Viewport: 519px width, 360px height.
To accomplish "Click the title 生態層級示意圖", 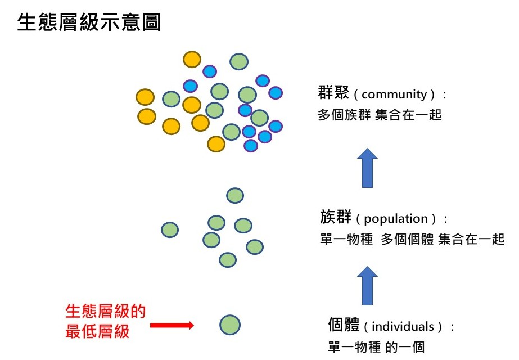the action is pyautogui.click(x=89, y=22).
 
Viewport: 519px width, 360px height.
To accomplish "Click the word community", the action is pyautogui.click(x=394, y=94).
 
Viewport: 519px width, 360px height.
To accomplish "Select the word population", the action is pyautogui.click(x=396, y=219).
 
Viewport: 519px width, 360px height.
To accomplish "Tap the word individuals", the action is pyautogui.click(x=403, y=327).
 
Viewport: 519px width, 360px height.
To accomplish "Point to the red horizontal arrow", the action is pyautogui.click(x=172, y=325).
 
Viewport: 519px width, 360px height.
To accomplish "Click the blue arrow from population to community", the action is pyautogui.click(x=367, y=168).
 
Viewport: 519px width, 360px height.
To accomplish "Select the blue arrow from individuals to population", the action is pyautogui.click(x=367, y=286).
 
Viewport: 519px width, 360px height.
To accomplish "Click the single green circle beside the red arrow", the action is pyautogui.click(x=230, y=325).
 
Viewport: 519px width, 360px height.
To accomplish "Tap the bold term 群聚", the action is pyautogui.click(x=333, y=92).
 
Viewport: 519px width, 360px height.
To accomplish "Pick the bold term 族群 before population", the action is pyautogui.click(x=336, y=217).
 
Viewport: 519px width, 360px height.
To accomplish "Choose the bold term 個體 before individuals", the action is pyautogui.click(x=344, y=325).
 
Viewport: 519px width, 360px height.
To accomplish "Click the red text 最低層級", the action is pyautogui.click(x=97, y=331).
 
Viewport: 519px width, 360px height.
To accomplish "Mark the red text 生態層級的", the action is pyautogui.click(x=106, y=311).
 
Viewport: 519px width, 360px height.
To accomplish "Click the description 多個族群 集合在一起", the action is pyautogui.click(x=380, y=115).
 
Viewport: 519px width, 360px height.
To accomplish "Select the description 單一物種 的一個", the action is pyautogui.click(x=376, y=346).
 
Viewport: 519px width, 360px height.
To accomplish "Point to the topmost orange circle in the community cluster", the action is pyautogui.click(x=192, y=60).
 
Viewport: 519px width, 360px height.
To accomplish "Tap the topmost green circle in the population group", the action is pyautogui.click(x=235, y=195).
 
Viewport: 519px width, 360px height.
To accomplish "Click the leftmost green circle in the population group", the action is pyautogui.click(x=170, y=230).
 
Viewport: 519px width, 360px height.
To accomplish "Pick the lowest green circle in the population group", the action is pyautogui.click(x=228, y=260).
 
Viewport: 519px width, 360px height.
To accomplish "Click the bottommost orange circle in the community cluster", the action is pyautogui.click(x=216, y=144).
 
